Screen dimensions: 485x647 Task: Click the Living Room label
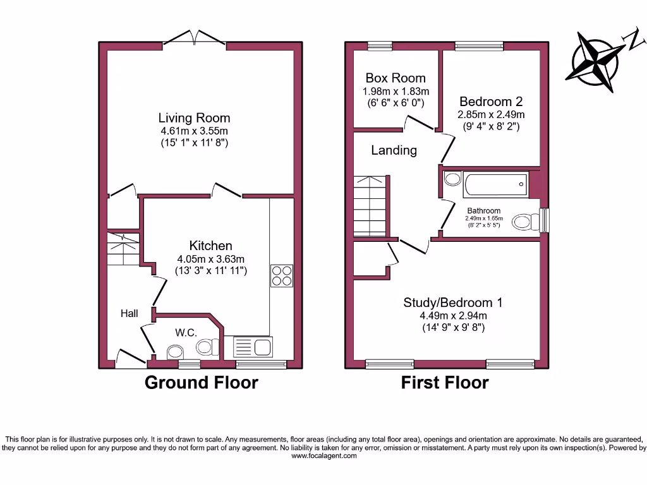[194, 118]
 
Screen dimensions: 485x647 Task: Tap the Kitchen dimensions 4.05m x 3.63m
[210, 259]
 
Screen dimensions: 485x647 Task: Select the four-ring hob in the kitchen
[282, 275]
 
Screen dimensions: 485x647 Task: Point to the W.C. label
[186, 333]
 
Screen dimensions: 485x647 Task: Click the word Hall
[130, 313]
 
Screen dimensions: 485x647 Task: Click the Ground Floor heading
[202, 383]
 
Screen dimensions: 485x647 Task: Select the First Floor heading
[445, 383]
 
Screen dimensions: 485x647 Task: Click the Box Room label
[396, 78]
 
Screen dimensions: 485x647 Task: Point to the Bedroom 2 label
[491, 102]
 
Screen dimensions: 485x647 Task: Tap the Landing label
[394, 150]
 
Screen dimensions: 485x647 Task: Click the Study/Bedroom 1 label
[453, 303]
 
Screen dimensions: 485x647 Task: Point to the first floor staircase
[368, 206]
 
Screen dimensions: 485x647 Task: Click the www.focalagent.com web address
[323, 456]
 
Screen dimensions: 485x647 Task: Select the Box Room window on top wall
[380, 45]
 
